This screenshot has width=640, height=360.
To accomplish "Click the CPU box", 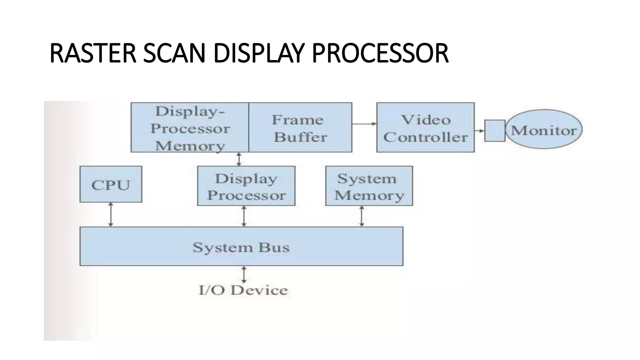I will click(x=111, y=184).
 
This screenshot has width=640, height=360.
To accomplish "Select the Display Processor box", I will click(x=246, y=186).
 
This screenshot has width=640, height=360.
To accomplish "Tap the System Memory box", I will click(x=369, y=186).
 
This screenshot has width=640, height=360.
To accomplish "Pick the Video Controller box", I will click(x=425, y=127).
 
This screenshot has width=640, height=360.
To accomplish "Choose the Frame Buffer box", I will click(x=300, y=127).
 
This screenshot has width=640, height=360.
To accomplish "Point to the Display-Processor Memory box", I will click(x=190, y=127).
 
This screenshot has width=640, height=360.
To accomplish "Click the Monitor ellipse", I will click(x=544, y=129).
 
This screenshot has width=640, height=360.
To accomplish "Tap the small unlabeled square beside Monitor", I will click(x=495, y=131).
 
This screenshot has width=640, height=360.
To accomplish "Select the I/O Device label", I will click(x=243, y=290).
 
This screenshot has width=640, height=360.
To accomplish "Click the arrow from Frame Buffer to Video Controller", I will click(x=364, y=124).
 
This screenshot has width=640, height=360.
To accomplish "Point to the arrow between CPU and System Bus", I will click(x=111, y=214).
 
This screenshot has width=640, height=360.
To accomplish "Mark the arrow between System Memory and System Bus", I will click(x=362, y=216).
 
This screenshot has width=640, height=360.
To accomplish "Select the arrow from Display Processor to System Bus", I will click(x=244, y=216).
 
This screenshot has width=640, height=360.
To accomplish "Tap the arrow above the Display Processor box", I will click(x=239, y=159).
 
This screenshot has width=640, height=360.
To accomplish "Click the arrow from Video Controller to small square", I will click(x=479, y=130).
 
